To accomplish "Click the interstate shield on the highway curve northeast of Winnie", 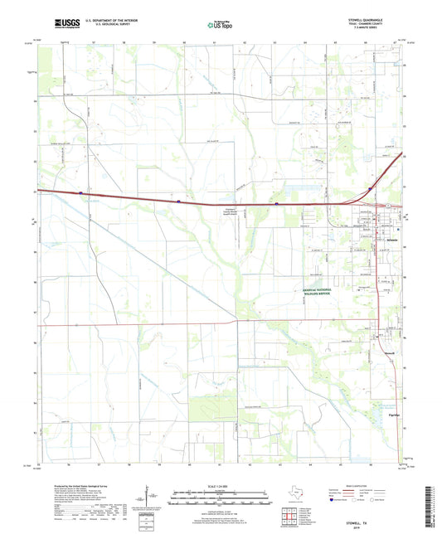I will tap(368, 190).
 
